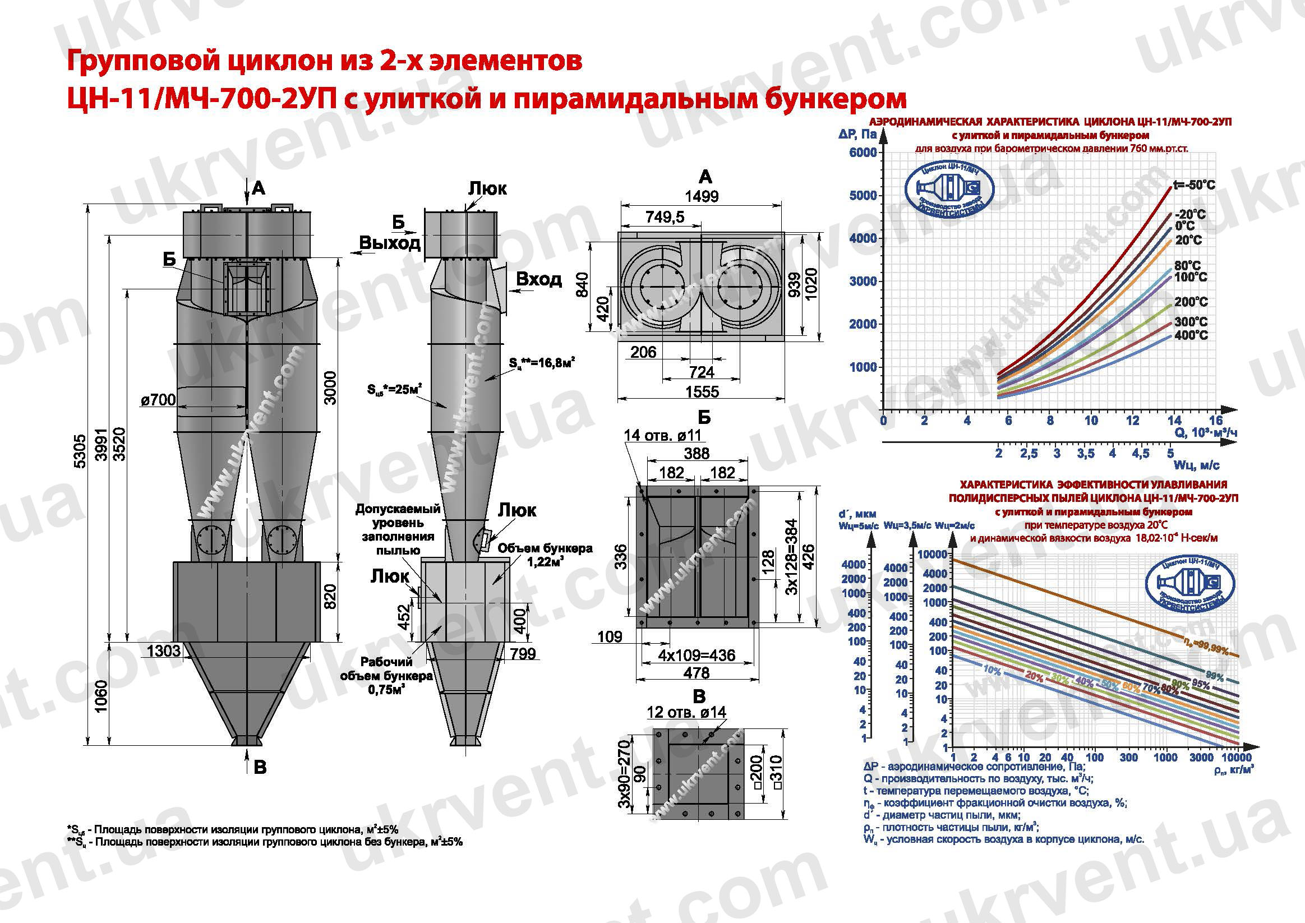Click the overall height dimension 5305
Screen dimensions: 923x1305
80,451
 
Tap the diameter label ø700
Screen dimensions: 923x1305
158,400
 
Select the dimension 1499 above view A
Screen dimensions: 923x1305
702,197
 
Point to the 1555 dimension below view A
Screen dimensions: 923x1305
702,391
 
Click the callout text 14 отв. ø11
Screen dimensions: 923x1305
662,435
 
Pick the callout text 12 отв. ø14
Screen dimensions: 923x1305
686,712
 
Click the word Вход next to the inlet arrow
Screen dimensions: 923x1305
539,280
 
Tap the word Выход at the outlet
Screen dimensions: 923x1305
390,243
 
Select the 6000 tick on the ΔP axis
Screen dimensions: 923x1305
863,153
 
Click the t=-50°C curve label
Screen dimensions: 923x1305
1193,185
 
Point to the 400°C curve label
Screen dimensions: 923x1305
1190,335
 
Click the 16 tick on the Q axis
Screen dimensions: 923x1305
1215,421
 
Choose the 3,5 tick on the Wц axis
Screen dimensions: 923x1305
1086,454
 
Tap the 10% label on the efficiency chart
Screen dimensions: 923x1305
992,671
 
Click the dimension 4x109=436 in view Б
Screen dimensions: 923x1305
697,655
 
